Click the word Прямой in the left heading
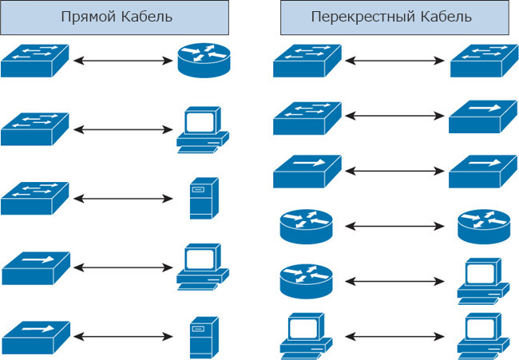tap(89, 17)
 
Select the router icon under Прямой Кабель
tap(204, 60)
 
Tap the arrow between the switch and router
tap(123, 61)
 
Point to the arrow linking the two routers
tap(394, 226)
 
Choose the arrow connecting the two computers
tap(394, 337)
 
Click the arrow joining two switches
tap(394, 61)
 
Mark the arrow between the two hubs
tap(394, 171)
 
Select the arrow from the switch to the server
tap(123, 199)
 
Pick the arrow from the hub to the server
tap(123, 337)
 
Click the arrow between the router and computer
tap(394, 281)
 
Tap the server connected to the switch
tap(204, 198)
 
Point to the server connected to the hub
tap(204, 338)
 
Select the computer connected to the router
tap(483, 281)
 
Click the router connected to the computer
tap(306, 281)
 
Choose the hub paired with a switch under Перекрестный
tap(483, 117)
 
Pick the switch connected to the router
tap(35, 61)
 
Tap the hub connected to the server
tap(36, 337)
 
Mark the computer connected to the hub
tap(203, 267)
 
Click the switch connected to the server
tap(35, 198)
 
